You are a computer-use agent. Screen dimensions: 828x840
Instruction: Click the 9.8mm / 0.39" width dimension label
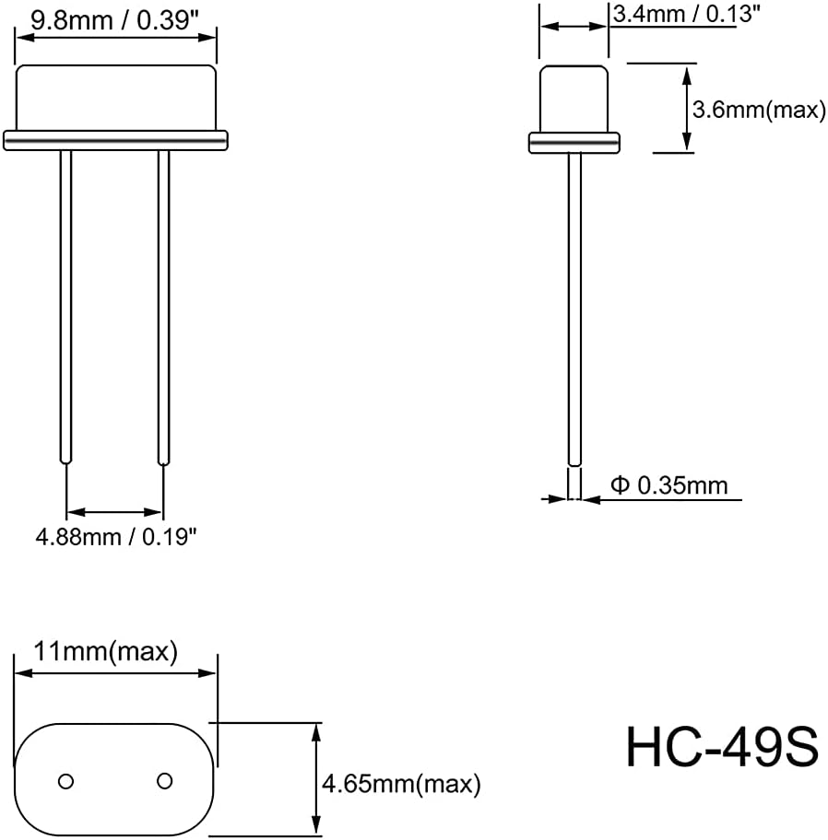[114, 20]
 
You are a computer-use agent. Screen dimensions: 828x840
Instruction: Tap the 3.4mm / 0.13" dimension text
[686, 14]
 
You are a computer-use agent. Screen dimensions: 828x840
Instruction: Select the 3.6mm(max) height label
[759, 110]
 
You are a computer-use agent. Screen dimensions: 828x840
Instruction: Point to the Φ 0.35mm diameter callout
[669, 485]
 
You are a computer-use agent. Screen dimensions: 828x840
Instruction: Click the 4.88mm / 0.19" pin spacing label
[116, 536]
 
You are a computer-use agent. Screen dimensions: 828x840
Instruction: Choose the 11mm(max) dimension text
[106, 652]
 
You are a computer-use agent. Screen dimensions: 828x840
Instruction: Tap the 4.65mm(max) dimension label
[401, 785]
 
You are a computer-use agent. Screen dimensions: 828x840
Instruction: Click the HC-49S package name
[722, 747]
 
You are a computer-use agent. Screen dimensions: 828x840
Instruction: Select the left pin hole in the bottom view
[66, 781]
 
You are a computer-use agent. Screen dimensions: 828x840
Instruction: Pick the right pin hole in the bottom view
[165, 781]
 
